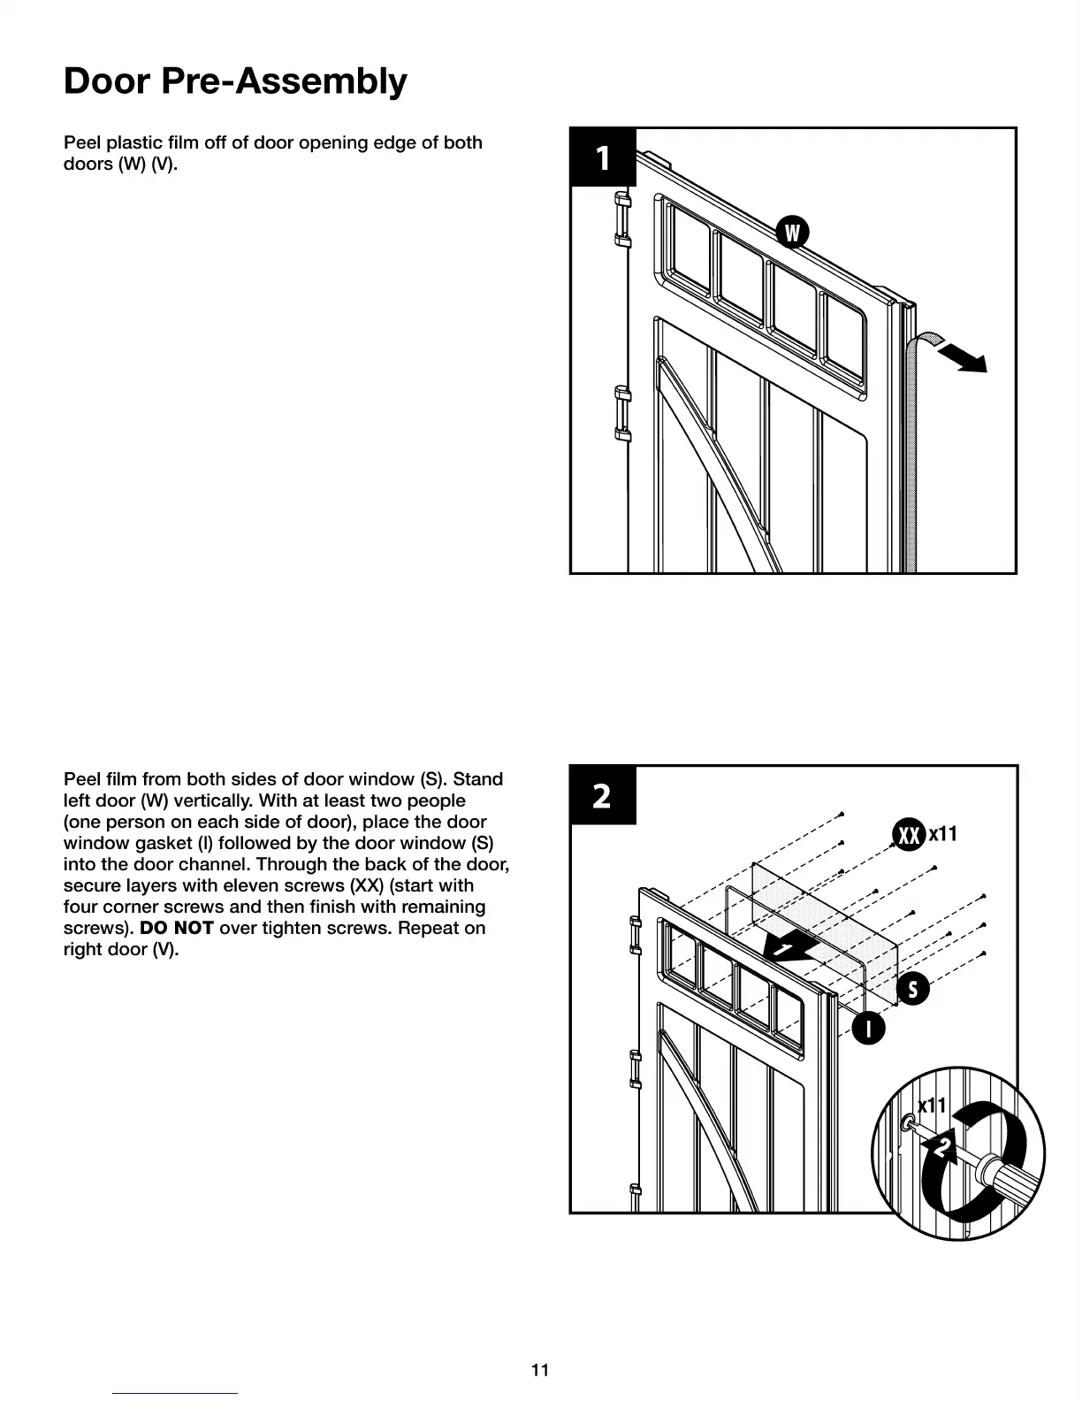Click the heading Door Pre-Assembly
pos(235,81)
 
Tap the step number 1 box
pos(603,157)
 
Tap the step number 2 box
pos(602,796)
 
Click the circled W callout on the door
pos(792,233)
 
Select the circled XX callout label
pos(908,834)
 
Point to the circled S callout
pos(913,989)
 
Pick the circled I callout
pos(869,1028)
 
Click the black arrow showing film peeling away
pos(961,357)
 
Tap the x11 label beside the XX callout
pos(943,833)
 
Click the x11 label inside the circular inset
pos(932,1106)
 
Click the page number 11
pos(540,1370)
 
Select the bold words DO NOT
pos(177,929)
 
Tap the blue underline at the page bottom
pos(175,1393)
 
